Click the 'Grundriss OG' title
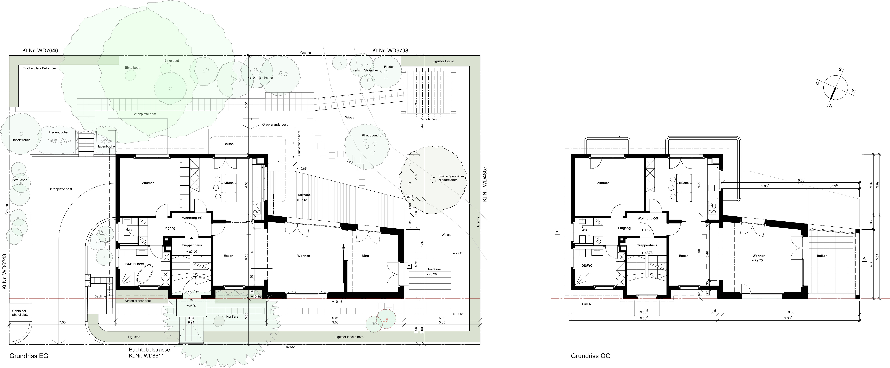pos(590,356)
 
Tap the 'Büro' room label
pos(365,256)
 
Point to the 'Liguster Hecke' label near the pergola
pos(443,61)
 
